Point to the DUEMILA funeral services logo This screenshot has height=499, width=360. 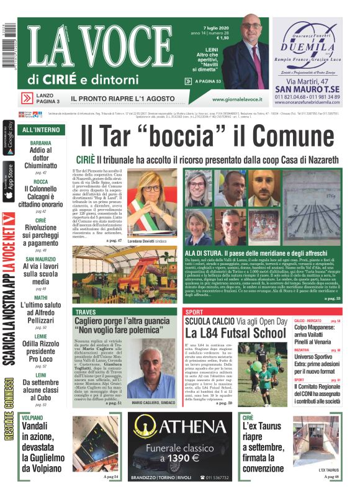(x=307, y=47)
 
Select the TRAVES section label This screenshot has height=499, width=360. (x=86, y=312)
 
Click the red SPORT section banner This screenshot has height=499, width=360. (x=195, y=312)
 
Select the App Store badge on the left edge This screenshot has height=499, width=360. (x=8, y=180)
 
